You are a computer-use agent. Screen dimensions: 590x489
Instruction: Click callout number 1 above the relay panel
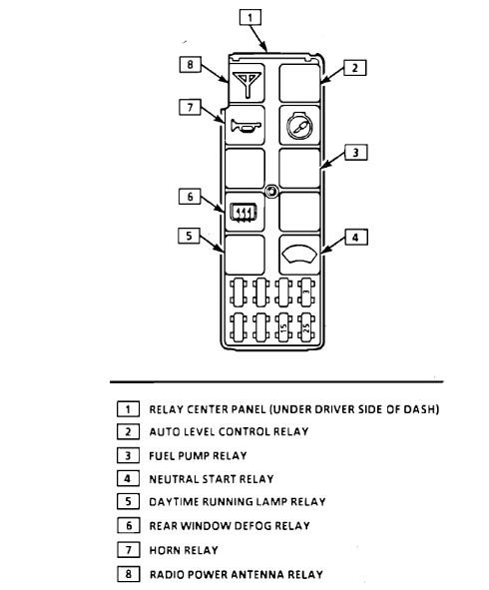click(253, 17)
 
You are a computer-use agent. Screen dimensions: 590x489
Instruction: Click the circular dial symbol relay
click(298, 126)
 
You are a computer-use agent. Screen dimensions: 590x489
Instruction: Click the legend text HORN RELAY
click(183, 550)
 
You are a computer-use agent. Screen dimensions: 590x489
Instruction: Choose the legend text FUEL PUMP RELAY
click(198, 455)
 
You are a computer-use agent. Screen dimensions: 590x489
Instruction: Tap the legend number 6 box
click(128, 526)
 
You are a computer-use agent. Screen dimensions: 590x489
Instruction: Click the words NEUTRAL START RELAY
click(211, 479)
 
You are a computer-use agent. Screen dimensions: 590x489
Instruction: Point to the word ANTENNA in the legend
click(257, 574)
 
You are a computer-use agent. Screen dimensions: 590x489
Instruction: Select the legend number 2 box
click(128, 431)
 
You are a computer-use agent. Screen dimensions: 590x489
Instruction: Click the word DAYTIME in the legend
click(174, 502)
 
